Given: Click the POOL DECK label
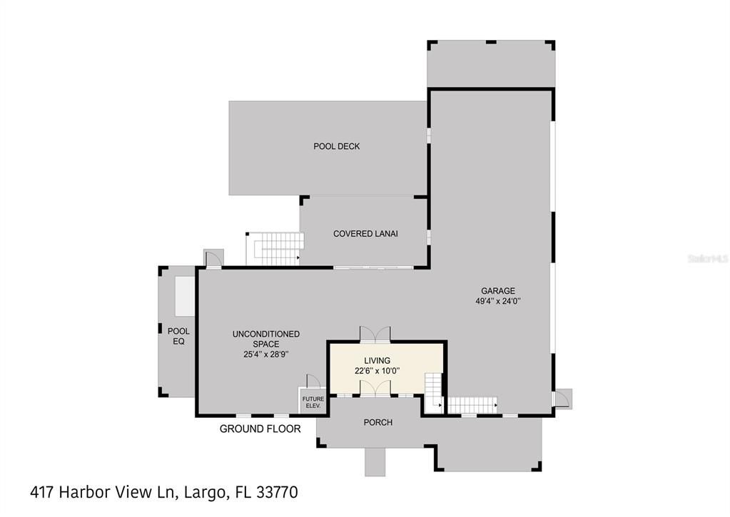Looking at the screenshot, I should pyautogui.click(x=337, y=146).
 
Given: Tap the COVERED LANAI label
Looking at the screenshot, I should pyautogui.click(x=365, y=234).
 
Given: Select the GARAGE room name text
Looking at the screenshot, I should pyautogui.click(x=497, y=291).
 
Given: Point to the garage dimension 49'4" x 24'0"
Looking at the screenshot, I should pyautogui.click(x=497, y=301).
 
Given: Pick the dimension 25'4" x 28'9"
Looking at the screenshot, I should pyautogui.click(x=265, y=354).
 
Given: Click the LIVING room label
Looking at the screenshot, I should pyautogui.click(x=377, y=361).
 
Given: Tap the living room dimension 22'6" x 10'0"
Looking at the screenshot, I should pyautogui.click(x=377, y=371).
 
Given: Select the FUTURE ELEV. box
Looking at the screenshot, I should pyautogui.click(x=313, y=401).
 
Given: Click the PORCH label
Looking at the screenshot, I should pyautogui.click(x=377, y=422).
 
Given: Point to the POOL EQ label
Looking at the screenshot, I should pyautogui.click(x=178, y=336).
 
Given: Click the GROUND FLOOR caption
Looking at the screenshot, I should pyautogui.click(x=260, y=429).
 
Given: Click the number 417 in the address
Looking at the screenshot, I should pyautogui.click(x=44, y=492).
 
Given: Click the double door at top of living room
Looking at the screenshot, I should pyautogui.click(x=375, y=334).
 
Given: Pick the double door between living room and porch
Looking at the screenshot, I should pyautogui.click(x=375, y=387).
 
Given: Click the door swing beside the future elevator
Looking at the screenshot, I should pyautogui.click(x=312, y=380).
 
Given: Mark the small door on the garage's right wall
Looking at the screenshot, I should pyautogui.click(x=562, y=397).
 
